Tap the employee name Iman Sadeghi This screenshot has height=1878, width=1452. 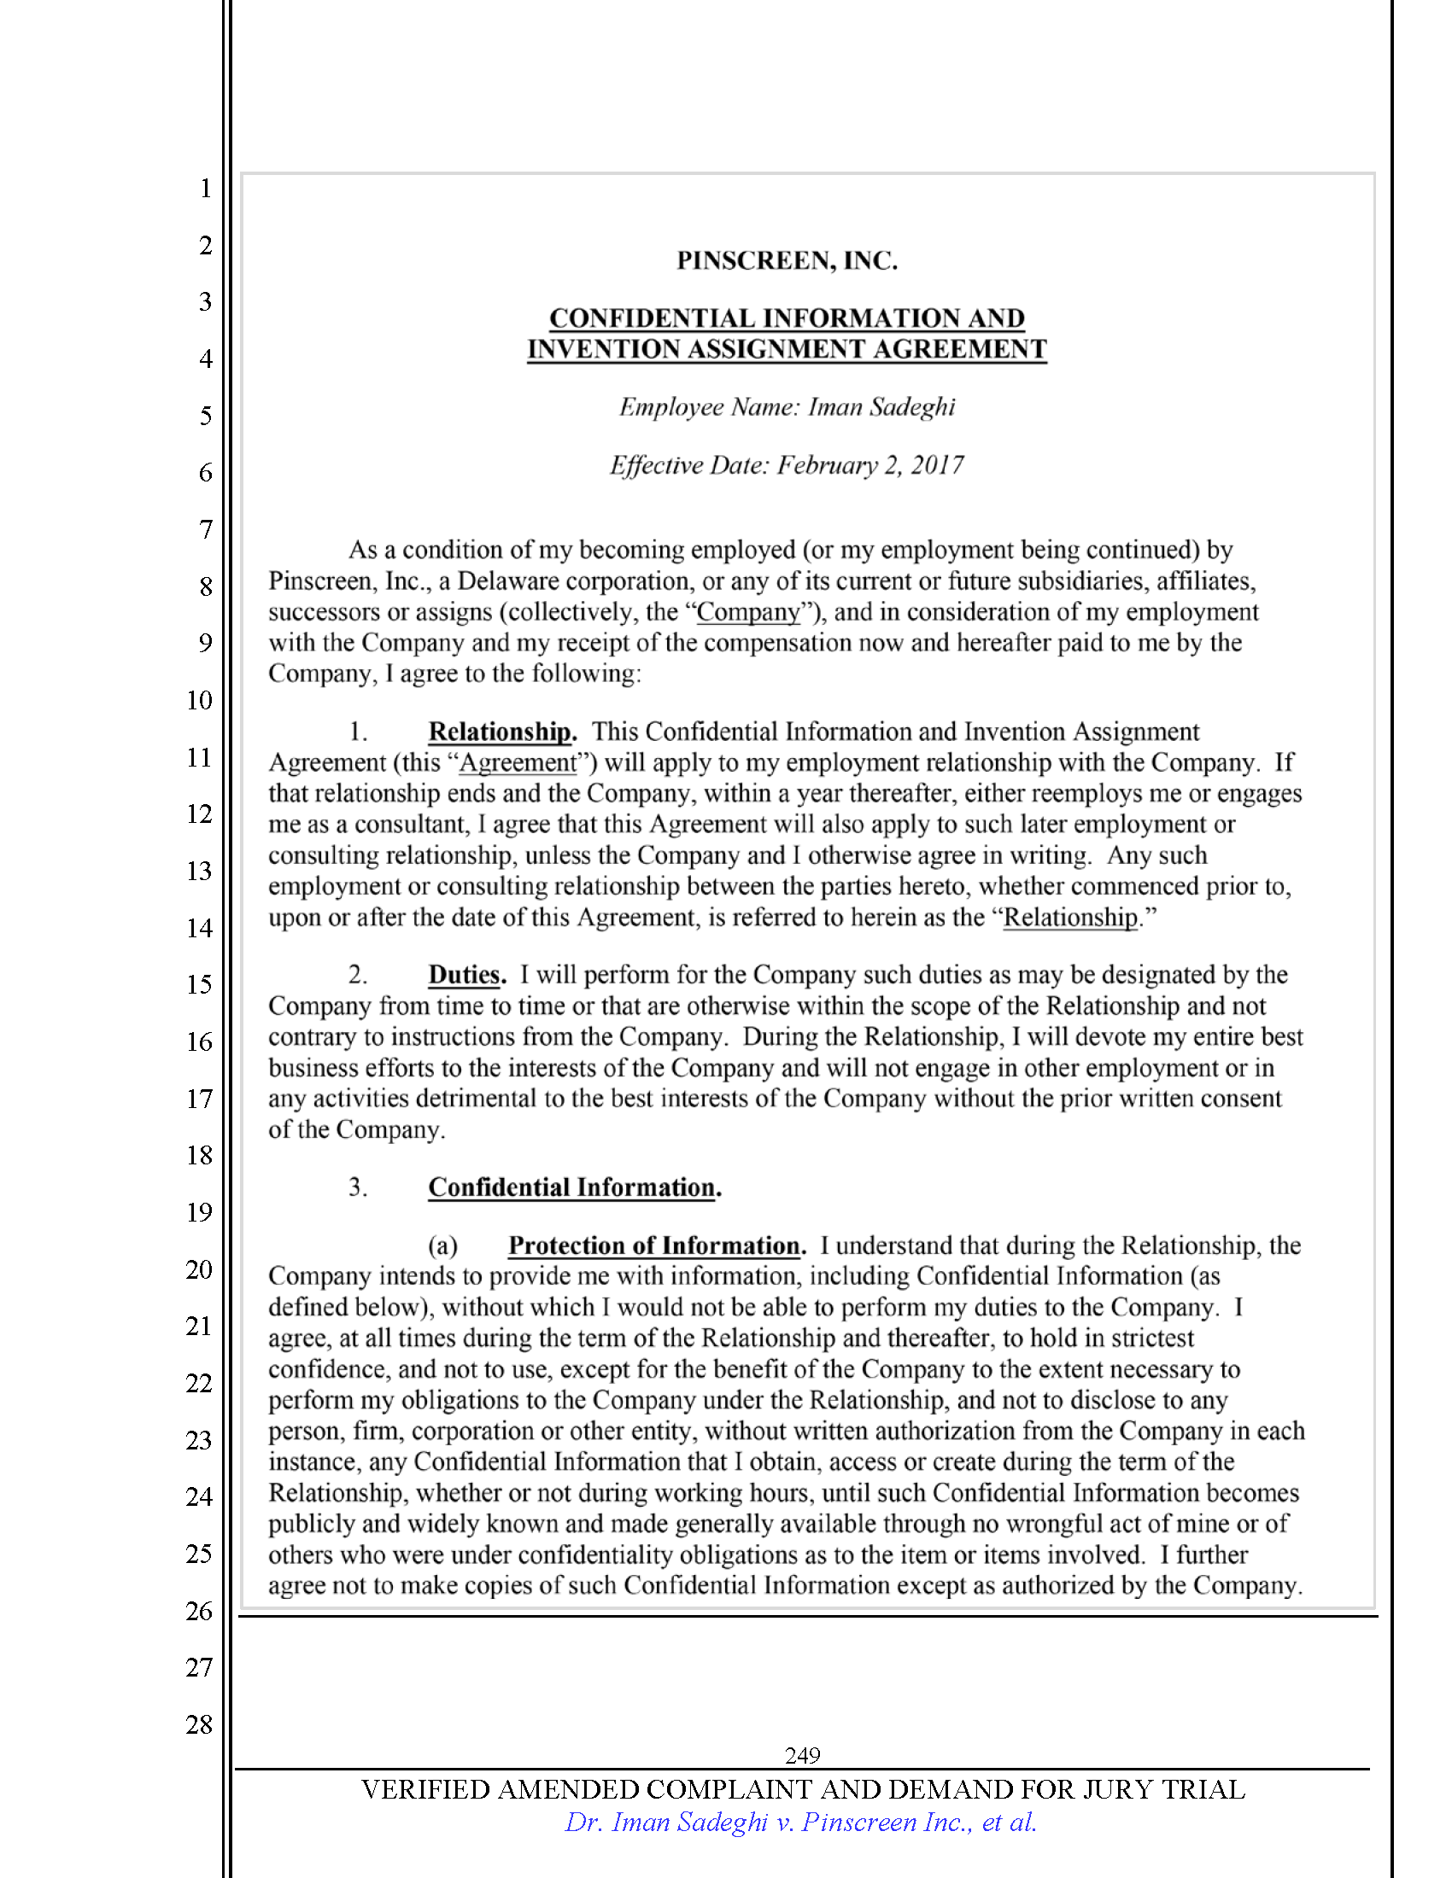click(x=881, y=406)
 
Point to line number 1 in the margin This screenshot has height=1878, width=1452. click(x=205, y=189)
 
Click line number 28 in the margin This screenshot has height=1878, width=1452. click(x=199, y=1724)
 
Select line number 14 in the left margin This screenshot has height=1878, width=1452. click(x=199, y=928)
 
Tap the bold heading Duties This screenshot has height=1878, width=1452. click(x=465, y=975)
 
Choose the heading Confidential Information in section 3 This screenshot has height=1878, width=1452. click(x=572, y=1187)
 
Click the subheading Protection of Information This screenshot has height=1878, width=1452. click(x=654, y=1246)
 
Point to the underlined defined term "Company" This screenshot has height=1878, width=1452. click(x=748, y=612)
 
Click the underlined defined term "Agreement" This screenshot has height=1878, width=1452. click(x=518, y=762)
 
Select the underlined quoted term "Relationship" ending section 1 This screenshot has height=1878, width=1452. click(x=1070, y=918)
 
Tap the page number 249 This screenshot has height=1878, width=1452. click(x=802, y=1755)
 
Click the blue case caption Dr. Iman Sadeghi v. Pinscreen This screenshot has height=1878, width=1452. click(x=800, y=1823)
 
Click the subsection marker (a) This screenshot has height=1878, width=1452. click(x=443, y=1246)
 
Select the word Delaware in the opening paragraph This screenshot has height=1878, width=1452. click(x=512, y=581)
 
